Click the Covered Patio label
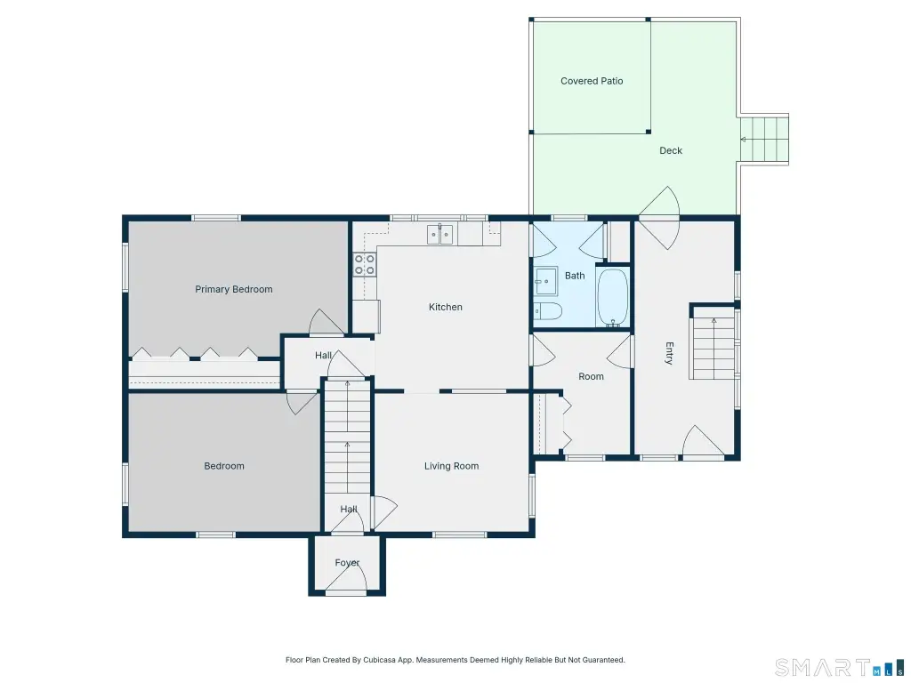point(592,81)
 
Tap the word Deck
point(671,150)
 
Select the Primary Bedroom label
point(234,289)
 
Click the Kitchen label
point(446,307)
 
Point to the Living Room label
point(451,466)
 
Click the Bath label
point(575,276)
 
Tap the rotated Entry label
point(669,353)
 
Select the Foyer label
point(347,563)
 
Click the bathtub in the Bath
point(612,297)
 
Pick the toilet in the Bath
point(547,311)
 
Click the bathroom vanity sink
point(545,282)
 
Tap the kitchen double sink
point(439,234)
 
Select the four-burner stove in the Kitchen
point(364,264)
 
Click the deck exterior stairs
point(763,140)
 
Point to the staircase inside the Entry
point(713,348)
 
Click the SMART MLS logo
point(839,667)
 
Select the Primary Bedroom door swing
point(326,322)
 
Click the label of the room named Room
point(591,376)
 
